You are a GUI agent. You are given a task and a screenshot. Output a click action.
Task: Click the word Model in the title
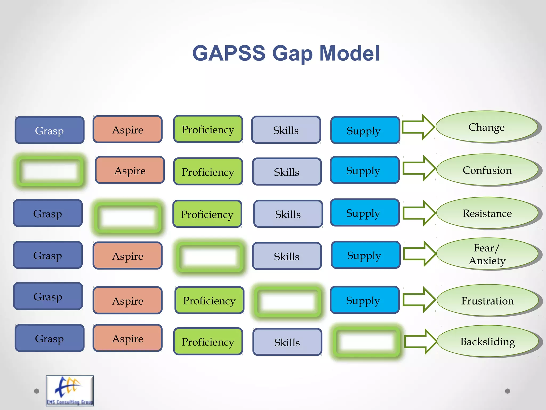[x=349, y=53]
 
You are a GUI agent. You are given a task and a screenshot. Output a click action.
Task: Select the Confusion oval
[x=487, y=170]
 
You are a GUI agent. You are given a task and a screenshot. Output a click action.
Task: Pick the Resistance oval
[x=487, y=213]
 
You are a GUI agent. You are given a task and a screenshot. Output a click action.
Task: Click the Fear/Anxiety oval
[x=487, y=254]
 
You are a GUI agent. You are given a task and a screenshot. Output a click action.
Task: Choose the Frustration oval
[x=487, y=301]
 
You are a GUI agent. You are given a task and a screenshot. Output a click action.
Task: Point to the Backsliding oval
[x=488, y=341]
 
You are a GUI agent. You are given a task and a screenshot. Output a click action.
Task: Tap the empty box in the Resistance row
[x=128, y=217]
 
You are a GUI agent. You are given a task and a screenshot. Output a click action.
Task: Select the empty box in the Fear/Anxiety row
[x=210, y=257]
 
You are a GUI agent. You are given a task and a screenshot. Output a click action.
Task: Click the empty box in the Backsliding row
[x=366, y=342]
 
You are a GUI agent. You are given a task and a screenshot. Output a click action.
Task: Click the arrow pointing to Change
[x=418, y=127]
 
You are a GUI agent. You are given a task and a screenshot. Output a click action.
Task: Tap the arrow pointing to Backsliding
[x=420, y=342]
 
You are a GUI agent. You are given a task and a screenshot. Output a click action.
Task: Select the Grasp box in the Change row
[x=50, y=130]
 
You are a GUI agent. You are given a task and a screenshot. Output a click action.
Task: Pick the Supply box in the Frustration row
[x=364, y=300]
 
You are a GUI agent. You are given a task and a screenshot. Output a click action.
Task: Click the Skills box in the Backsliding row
[x=287, y=342]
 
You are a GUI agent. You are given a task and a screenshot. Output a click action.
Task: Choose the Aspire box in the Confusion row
[x=130, y=170]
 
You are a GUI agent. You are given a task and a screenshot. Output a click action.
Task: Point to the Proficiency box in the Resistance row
[x=207, y=214]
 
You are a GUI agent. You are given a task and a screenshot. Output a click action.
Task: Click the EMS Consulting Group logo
[x=70, y=391]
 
